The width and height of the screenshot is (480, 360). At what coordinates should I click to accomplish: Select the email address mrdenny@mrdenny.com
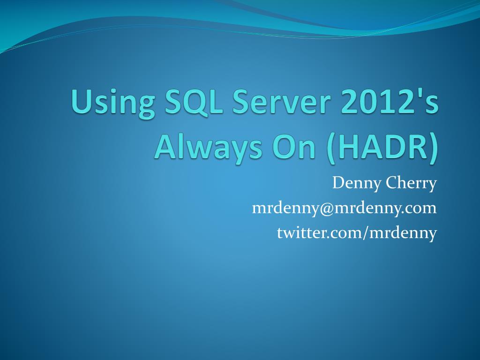(x=344, y=208)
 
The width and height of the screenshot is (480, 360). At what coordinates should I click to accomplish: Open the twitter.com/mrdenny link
(x=357, y=232)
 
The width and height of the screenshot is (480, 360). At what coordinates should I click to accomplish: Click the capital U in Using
(x=80, y=103)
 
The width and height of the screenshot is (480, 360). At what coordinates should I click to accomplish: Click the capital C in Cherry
(x=391, y=183)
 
